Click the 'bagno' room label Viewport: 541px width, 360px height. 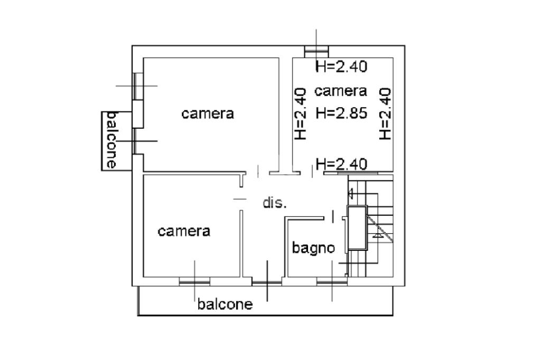(x=313, y=248)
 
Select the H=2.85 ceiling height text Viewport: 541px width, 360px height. (x=341, y=113)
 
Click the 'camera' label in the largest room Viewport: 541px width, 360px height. (x=208, y=113)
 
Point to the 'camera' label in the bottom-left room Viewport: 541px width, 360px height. (x=184, y=231)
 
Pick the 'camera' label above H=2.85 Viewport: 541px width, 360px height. (x=341, y=91)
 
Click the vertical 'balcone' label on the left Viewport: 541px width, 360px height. (x=111, y=140)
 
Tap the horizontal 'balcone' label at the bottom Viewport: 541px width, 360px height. (x=225, y=304)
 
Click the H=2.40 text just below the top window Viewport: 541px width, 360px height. (x=341, y=66)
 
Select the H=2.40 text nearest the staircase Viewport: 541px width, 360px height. (x=341, y=164)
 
